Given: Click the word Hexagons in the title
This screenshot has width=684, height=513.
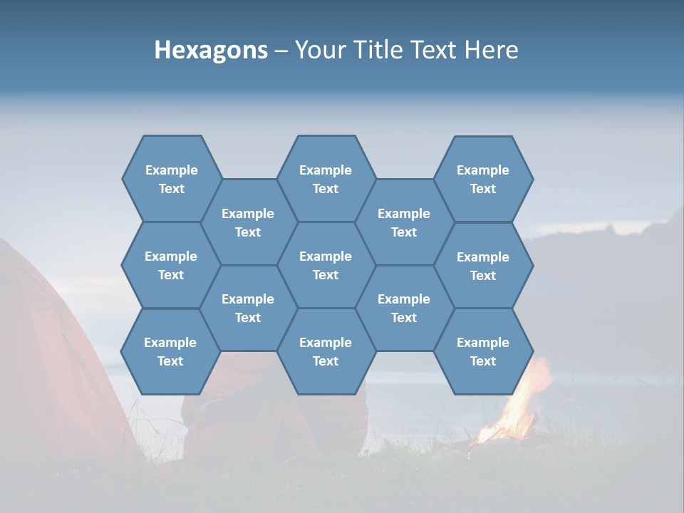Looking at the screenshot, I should tap(211, 51).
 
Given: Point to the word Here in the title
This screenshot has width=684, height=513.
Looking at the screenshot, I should tap(491, 51).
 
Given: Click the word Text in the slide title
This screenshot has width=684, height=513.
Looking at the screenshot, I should tap(435, 51).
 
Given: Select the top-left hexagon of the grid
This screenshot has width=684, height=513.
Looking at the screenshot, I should tap(171, 179).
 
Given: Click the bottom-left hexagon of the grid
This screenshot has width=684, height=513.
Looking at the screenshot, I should tap(170, 351).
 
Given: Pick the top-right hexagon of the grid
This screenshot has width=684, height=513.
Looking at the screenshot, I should tap(483, 179).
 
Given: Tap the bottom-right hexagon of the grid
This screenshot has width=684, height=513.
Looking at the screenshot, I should tap(483, 351).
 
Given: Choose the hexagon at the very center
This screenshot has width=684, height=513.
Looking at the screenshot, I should tap(326, 265).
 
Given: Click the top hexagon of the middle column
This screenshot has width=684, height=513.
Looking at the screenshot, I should tap(326, 179).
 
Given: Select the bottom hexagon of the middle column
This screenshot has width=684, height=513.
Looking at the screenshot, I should tap(326, 351).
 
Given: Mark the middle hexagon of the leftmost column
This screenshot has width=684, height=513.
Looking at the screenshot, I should tap(171, 265).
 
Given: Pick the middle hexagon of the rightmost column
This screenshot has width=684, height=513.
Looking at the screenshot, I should tap(483, 266).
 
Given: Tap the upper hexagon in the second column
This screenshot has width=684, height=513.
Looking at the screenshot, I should tap(248, 222).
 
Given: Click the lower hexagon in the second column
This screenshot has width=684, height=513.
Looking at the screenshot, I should tap(248, 308).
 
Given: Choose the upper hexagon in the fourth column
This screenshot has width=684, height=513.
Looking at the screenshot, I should tap(404, 222).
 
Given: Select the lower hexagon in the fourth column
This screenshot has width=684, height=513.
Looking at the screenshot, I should tap(404, 308).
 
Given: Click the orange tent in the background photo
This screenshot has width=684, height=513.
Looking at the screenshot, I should tap(50, 370).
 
